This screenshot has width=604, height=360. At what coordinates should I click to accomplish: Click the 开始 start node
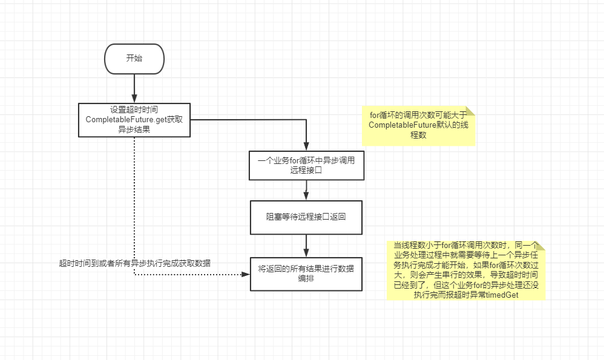pos(134,59)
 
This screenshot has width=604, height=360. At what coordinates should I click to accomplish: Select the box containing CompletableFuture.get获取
pos(134,119)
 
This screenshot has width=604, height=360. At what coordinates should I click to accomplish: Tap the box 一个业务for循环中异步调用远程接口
pos(306,165)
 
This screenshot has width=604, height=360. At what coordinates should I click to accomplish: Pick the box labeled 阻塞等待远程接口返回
pos(306,217)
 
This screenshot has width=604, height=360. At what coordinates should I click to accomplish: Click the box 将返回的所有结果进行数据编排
pos(306,273)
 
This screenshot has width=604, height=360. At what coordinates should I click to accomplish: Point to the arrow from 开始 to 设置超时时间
pos(134,88)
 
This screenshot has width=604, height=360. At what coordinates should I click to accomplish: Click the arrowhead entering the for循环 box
pos(306,146)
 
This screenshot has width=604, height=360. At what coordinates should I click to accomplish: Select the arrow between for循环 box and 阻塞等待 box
pos(306,190)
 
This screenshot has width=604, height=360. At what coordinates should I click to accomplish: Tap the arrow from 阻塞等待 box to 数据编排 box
pos(306,245)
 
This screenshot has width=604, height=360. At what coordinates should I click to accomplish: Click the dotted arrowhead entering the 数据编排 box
pos(245,274)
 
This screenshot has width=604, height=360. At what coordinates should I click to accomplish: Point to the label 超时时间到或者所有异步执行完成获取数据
pos(135,263)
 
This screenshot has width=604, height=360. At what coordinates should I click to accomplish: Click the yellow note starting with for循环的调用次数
pos(418,125)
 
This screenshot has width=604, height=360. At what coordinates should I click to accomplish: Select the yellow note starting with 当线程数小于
pos(466,270)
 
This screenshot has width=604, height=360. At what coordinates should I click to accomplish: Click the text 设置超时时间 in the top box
pos(134,110)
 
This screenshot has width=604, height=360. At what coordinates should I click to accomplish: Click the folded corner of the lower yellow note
pos(540,246)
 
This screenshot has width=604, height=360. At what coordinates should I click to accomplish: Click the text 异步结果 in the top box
pos(134,129)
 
